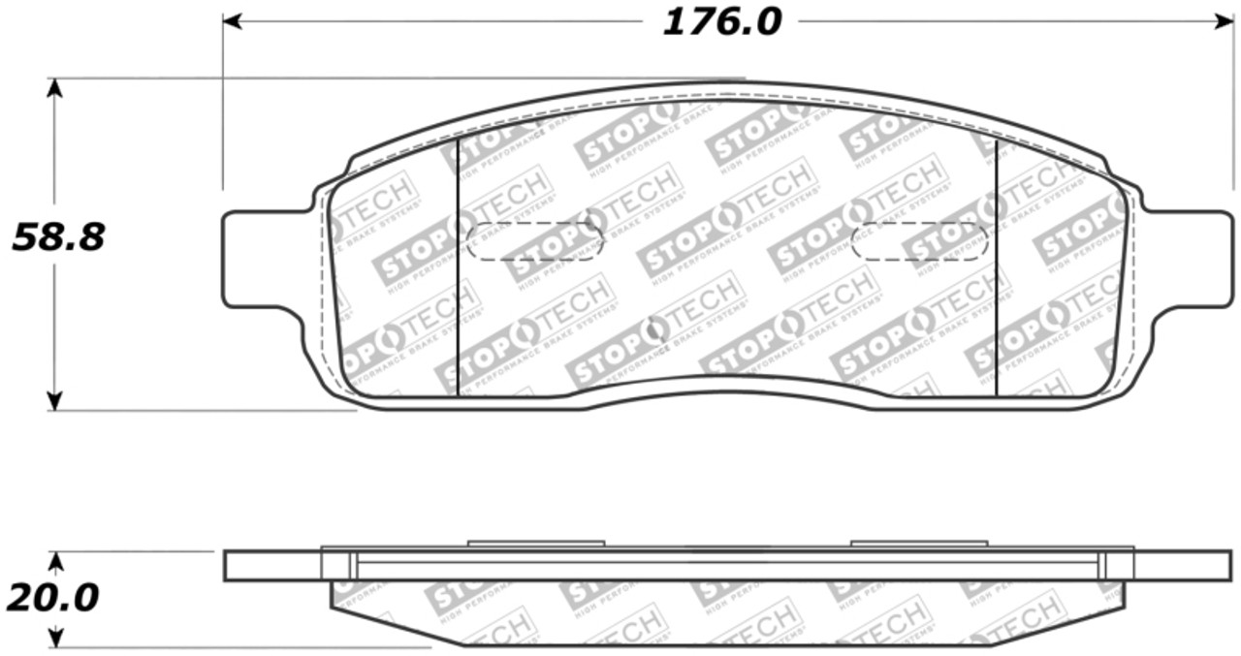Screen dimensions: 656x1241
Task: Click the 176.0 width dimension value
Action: (721, 21)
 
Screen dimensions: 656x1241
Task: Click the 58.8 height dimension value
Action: (58, 237)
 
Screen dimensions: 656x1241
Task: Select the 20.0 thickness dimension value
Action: (52, 598)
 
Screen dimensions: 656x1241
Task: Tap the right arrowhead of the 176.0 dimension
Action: (1224, 20)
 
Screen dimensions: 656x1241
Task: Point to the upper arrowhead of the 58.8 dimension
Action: (54, 88)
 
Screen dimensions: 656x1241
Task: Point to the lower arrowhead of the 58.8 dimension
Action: (54, 399)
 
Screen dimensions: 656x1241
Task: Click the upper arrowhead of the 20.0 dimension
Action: (56, 561)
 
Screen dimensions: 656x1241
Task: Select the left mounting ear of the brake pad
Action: (254, 259)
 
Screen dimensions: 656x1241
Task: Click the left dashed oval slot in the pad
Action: (534, 241)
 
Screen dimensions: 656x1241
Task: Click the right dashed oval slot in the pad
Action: (918, 241)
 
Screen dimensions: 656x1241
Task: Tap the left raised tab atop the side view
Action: (535, 543)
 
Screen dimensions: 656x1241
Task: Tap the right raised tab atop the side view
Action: (918, 543)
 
